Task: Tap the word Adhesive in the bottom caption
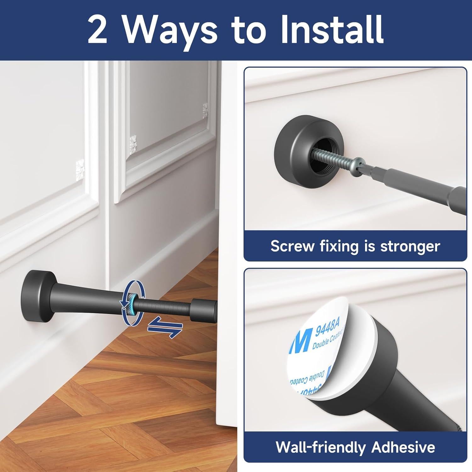click(403, 447)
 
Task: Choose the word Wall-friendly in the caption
click(321, 447)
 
